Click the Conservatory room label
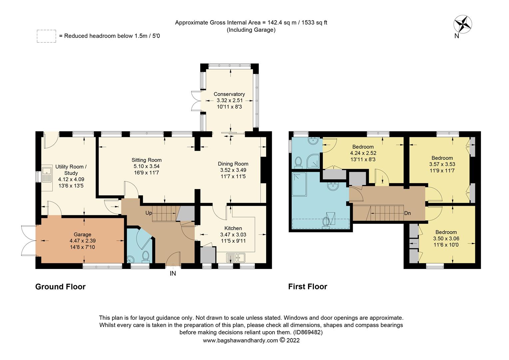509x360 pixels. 229,94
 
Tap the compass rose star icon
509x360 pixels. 463,24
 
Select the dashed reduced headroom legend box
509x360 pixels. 46,36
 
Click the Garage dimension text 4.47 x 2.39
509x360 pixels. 83,241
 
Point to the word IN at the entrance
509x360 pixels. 173,274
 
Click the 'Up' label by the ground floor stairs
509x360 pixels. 149,213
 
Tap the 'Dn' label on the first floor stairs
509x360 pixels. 407,213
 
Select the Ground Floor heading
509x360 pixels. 60,287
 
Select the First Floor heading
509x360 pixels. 307,287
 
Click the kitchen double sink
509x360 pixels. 236,257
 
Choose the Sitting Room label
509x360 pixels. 147,160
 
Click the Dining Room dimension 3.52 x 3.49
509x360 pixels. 233,170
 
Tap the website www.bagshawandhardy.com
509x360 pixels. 240,340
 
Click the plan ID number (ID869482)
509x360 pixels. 307,332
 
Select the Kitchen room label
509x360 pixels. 233,228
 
